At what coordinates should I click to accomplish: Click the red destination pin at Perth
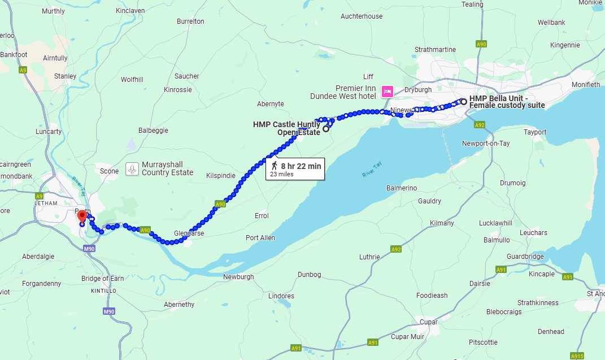tap(82, 215)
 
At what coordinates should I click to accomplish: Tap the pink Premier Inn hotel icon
tap(388, 91)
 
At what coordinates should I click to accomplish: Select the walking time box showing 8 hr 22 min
tap(295, 168)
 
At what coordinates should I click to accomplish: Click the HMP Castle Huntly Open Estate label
tap(286, 128)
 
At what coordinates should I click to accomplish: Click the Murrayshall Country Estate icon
tap(132, 168)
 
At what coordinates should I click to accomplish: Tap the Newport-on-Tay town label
tap(485, 143)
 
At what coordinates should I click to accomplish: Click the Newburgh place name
tap(239, 276)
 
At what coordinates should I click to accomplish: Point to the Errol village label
tap(262, 216)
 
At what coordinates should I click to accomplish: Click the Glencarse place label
tap(189, 233)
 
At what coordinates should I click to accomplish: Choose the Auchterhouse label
tap(361, 16)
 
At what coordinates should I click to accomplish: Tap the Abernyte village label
tap(270, 103)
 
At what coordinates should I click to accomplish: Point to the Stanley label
tap(65, 76)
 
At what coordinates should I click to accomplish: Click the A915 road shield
tap(577, 356)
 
